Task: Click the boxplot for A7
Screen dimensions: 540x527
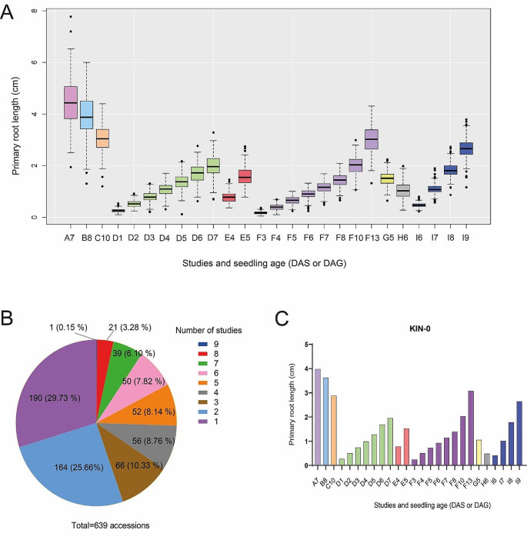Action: coord(70,102)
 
